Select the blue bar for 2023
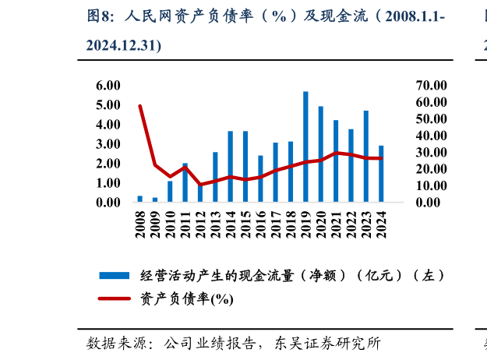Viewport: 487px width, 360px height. click(366, 156)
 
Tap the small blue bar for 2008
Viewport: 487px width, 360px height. click(140, 199)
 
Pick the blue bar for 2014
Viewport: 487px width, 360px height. click(231, 166)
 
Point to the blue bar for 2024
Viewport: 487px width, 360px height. click(381, 174)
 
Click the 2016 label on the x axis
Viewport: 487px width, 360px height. click(261, 222)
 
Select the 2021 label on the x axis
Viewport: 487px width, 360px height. click(337, 222)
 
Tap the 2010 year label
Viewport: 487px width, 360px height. click(171, 222)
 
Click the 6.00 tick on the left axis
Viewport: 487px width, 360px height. click(108, 85)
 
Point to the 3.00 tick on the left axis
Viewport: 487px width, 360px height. click(108, 144)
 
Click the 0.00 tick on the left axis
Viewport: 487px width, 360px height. click(108, 203)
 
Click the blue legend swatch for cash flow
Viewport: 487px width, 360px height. click(114, 275)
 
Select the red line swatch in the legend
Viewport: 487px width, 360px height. click(114, 298)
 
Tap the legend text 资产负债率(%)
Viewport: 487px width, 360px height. click(186, 298)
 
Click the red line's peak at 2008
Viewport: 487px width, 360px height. click(140, 106)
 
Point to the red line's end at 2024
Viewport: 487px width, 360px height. click(381, 159)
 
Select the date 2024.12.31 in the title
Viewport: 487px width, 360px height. click(122, 46)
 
